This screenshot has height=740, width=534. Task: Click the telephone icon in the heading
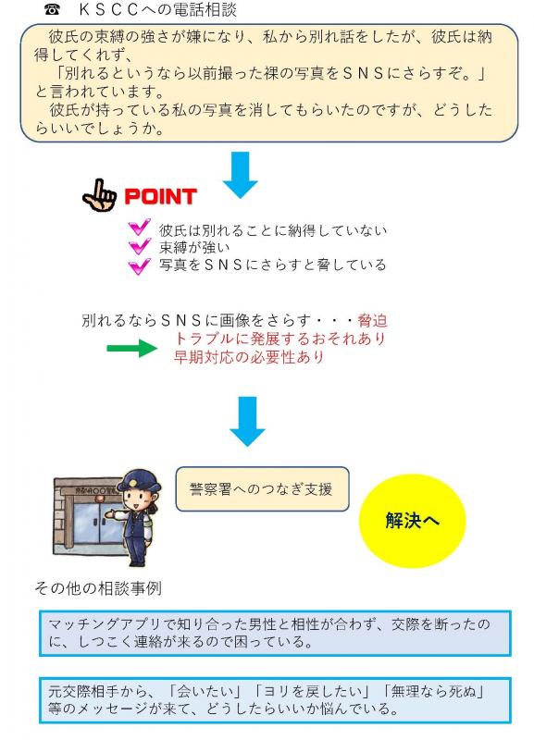coord(52,9)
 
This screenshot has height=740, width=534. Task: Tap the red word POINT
coord(160,196)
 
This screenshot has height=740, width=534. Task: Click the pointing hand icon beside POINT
coord(99,195)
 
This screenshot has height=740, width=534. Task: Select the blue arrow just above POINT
coord(241,175)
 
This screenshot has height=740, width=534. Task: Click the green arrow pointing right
coord(132,349)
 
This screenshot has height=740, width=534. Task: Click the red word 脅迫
coord(373,321)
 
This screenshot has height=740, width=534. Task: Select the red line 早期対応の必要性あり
coord(249,357)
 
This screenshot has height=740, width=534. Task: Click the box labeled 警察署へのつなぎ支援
coord(262,489)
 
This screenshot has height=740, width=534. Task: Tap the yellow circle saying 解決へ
coord(412,521)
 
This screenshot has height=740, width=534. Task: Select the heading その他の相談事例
coord(98,588)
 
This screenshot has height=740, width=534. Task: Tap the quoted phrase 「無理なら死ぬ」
coord(433,692)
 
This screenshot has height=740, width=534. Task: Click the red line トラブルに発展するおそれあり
coord(280,339)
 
